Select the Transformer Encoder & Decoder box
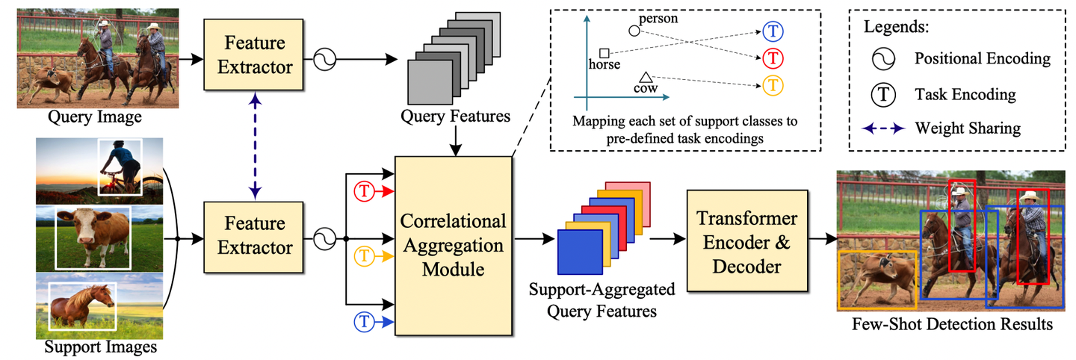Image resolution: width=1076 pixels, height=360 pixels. click(x=747, y=240)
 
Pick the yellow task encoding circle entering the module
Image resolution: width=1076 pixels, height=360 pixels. click(x=364, y=256)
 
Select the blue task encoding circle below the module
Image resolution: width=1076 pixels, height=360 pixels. click(x=364, y=322)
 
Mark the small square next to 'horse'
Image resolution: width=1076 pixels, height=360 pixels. click(x=605, y=52)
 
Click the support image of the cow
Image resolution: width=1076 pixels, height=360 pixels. click(x=99, y=238)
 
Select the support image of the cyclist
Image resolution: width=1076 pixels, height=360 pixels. click(x=99, y=170)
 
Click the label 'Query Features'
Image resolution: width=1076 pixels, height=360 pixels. click(x=455, y=117)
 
